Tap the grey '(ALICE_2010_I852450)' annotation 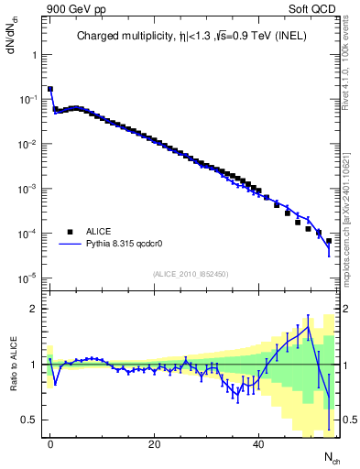189,273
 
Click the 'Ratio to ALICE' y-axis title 13,364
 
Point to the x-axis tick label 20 154,443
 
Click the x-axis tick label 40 258,443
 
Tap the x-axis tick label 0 50,443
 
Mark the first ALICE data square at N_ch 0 50,89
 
